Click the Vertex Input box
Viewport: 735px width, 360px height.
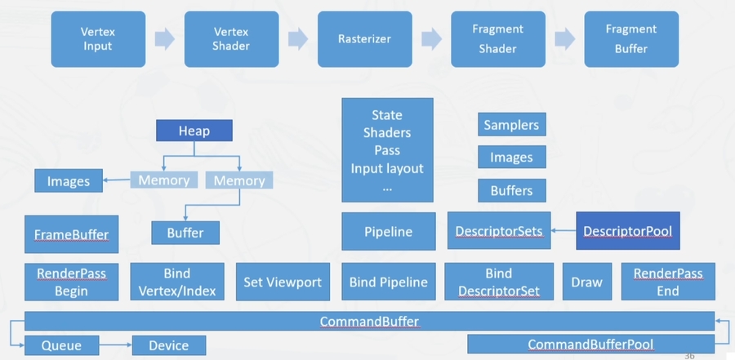(98, 38)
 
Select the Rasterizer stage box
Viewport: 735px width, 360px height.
(364, 38)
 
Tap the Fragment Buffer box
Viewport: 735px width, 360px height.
(631, 38)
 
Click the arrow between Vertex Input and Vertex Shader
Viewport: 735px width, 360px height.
(164, 38)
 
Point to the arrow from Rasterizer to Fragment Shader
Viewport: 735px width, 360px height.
(430, 38)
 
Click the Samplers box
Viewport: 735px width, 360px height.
(511, 125)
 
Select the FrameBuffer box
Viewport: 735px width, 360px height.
(71, 234)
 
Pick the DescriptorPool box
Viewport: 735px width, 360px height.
(628, 231)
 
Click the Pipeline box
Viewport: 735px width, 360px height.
(388, 232)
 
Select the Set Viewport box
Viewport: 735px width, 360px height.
(283, 282)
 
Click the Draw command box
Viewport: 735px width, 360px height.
(586, 282)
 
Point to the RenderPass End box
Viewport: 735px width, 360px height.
(668, 281)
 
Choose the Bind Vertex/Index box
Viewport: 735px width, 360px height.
(176, 281)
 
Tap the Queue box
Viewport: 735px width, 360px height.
(62, 345)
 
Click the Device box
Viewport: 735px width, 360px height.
(168, 345)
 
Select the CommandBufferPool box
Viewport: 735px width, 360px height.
(590, 344)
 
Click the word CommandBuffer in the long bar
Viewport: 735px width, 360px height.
(369, 322)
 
